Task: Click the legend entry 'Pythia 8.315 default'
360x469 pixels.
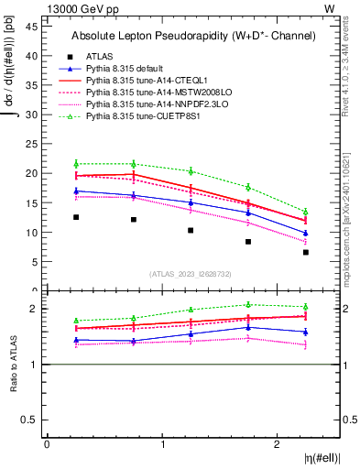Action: click(127, 69)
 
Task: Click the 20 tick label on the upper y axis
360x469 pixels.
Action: click(33, 173)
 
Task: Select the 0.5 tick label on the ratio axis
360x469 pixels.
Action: click(31, 420)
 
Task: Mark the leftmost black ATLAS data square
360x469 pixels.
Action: click(76, 217)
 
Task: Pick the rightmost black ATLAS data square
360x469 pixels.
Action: click(306, 252)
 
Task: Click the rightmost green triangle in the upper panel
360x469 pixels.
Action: click(306, 212)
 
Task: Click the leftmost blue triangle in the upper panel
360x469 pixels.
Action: click(76, 191)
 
